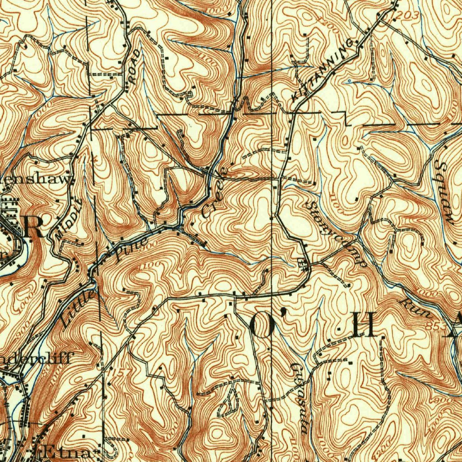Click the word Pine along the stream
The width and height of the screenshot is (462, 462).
click(130, 250)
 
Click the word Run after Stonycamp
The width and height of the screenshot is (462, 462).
click(416, 308)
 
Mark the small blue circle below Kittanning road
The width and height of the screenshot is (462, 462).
click(349, 81)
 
